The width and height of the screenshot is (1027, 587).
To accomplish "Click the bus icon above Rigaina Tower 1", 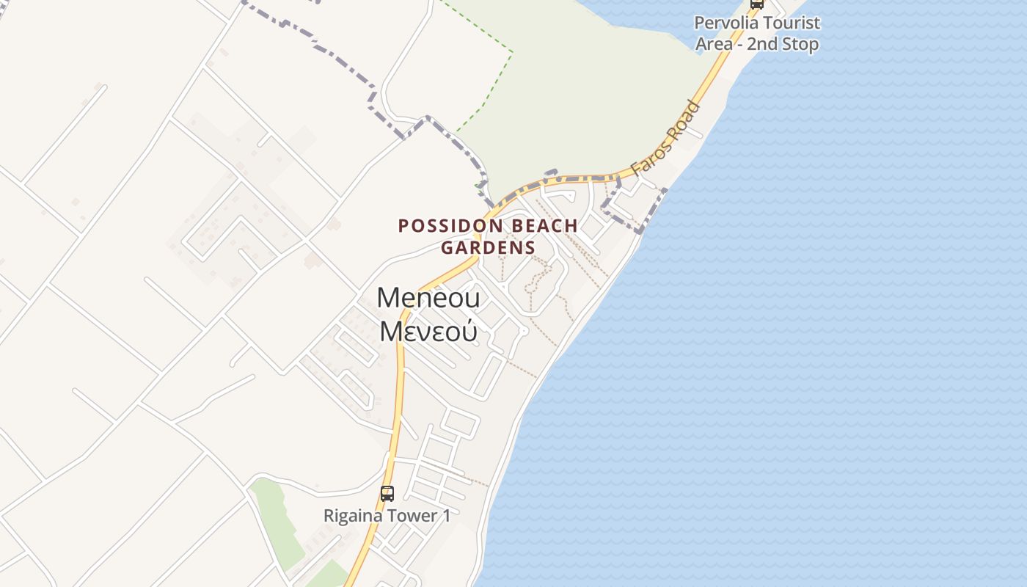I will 387,494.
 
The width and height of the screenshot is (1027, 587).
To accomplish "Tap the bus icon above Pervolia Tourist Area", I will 757,3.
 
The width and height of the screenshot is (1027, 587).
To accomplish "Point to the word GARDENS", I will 488,247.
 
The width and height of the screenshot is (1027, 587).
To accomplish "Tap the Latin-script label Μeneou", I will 428,298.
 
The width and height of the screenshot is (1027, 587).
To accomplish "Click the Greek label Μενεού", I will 428,332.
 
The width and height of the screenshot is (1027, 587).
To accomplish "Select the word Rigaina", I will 353,516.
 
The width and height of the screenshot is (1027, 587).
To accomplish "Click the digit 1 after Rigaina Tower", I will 446,516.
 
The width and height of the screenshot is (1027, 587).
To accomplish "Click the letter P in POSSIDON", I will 403,225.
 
